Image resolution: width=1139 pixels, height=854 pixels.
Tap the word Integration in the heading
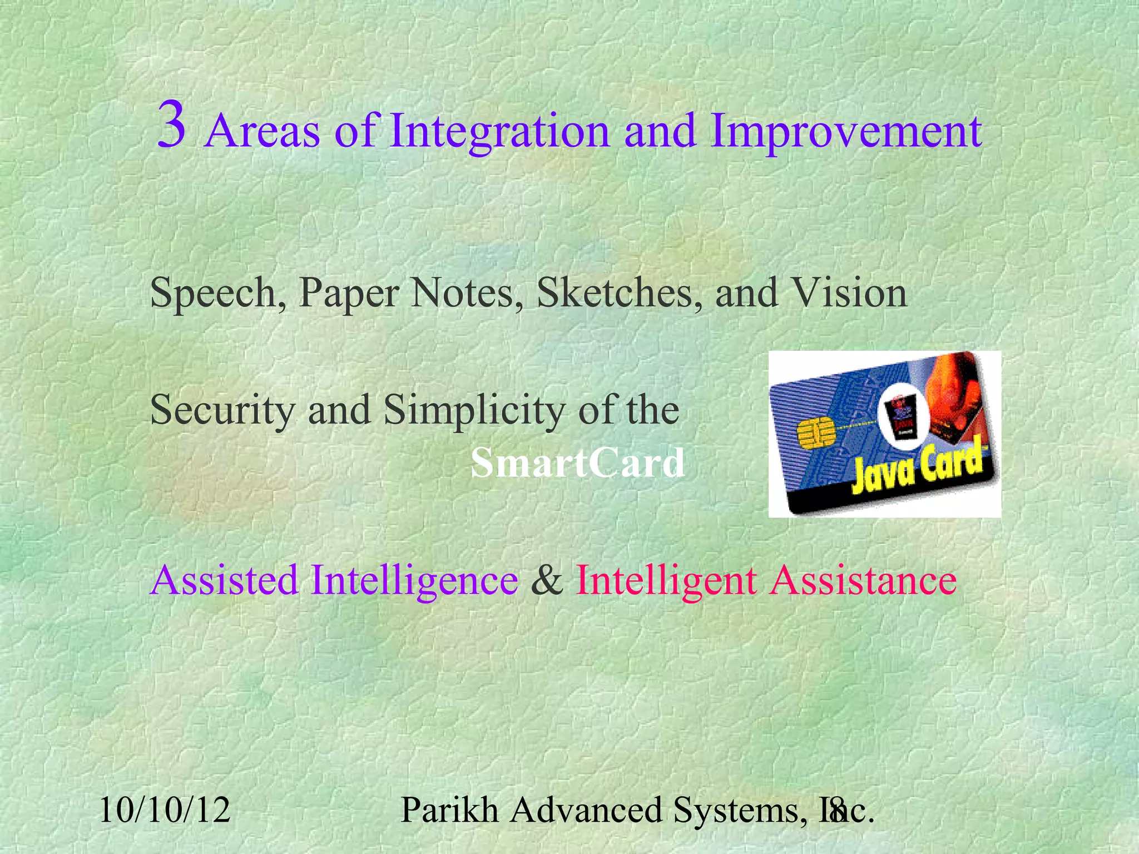pyautogui.click(x=499, y=132)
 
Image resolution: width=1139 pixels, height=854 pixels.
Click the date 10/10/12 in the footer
pyautogui.click(x=165, y=810)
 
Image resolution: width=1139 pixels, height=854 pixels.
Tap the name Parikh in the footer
pyautogui.click(x=449, y=810)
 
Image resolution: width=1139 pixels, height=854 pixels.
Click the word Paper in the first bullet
pyautogui.click(x=349, y=294)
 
